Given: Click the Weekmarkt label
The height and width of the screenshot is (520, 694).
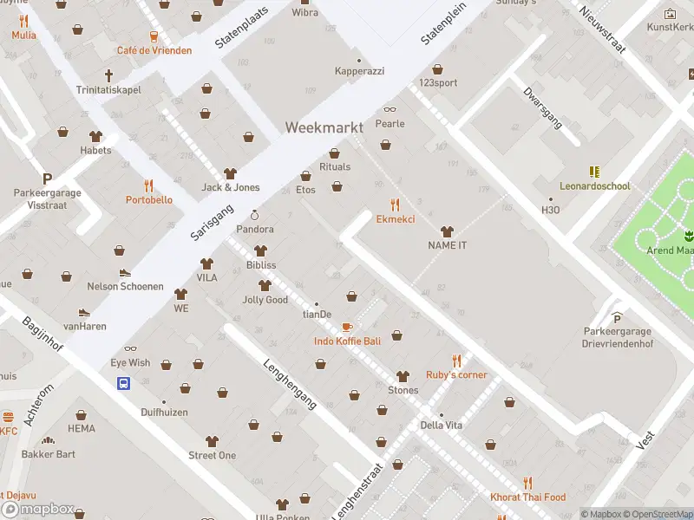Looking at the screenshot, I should click(x=324, y=127).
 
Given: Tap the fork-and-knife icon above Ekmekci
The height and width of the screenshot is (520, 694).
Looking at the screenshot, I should click(x=396, y=205).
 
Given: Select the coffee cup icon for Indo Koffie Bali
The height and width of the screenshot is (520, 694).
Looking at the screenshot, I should click(x=347, y=327).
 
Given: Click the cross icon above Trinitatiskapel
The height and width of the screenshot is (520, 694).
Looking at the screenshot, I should click(x=109, y=75).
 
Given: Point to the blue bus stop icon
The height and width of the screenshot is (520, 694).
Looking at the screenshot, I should click(x=124, y=383).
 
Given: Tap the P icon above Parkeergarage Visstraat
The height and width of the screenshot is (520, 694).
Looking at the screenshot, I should click(x=47, y=179).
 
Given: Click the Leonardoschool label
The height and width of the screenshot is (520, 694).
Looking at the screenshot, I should click(x=594, y=186).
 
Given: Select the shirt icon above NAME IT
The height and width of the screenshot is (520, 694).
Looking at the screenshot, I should click(x=447, y=231).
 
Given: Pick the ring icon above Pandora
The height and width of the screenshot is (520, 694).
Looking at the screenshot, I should click(x=255, y=215).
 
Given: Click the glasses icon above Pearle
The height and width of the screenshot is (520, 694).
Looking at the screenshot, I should click(x=390, y=109).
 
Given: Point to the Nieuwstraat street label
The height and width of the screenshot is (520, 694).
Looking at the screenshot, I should click(x=602, y=30).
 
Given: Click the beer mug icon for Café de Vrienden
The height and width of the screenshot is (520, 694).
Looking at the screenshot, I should click(x=154, y=36).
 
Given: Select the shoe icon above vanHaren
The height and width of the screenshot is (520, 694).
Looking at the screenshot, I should click(x=84, y=312).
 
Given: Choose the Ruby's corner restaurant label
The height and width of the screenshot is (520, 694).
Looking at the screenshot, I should click(x=456, y=375).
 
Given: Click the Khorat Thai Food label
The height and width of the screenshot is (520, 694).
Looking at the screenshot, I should click(x=527, y=497).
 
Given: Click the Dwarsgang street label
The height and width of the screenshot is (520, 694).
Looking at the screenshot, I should click(x=542, y=107).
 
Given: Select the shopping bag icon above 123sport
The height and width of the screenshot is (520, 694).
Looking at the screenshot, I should click(x=437, y=69).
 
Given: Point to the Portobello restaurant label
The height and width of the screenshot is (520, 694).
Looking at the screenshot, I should click(x=148, y=200).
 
